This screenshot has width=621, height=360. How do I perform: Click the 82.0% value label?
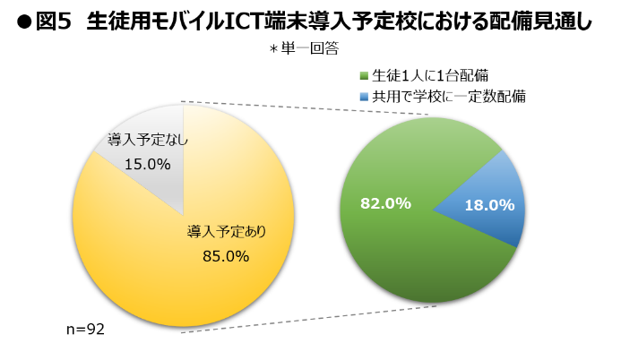click(x=385, y=203)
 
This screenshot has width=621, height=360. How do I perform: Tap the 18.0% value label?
click(x=488, y=205)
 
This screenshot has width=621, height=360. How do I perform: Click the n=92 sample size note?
click(x=86, y=330)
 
